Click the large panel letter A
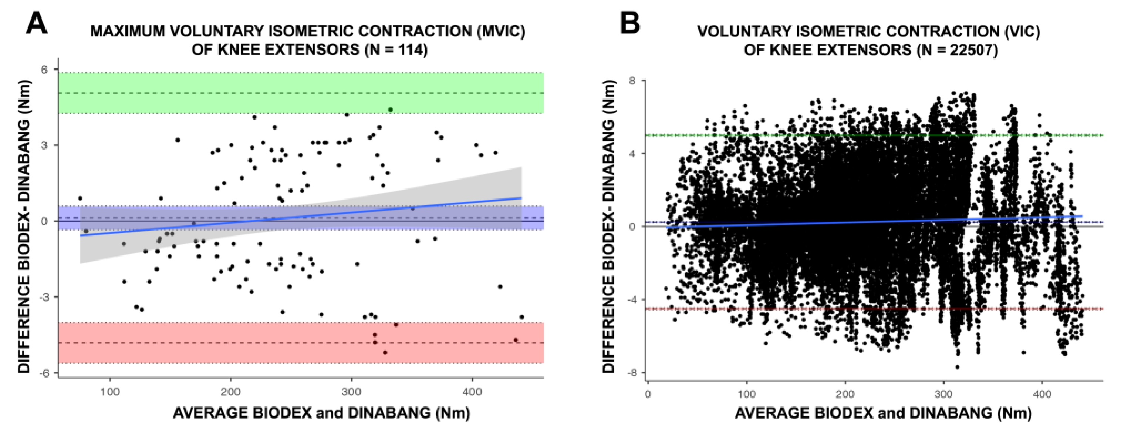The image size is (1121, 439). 37,24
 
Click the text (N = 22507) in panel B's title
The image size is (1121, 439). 958,50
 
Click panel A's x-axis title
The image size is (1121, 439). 321,413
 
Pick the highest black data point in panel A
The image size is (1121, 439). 390,110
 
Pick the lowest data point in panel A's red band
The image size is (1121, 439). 385,352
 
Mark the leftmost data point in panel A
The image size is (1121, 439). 80,198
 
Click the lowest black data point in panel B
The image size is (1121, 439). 957,367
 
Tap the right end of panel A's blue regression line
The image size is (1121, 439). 521,198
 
